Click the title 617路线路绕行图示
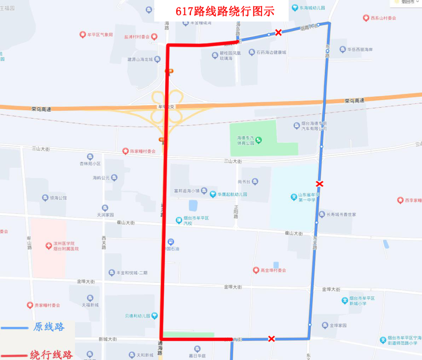[x=225, y=11]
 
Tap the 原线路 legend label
[x=49, y=327]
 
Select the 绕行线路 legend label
[x=51, y=355]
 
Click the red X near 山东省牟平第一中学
[x=320, y=184]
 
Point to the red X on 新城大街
[x=272, y=339]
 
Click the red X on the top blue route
[x=278, y=32]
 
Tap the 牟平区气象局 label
[x=100, y=35]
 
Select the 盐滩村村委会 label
[x=137, y=37]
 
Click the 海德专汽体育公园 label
[x=245, y=141]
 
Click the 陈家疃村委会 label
[x=143, y=151]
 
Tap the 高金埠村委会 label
[x=273, y=270]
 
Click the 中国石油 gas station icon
[x=171, y=242]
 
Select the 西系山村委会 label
[x=383, y=18]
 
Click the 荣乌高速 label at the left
[x=41, y=109]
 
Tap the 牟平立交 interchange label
[x=165, y=106]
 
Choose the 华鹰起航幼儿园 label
[x=232, y=194]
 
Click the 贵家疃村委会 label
[x=47, y=305]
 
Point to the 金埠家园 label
[x=338, y=325]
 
